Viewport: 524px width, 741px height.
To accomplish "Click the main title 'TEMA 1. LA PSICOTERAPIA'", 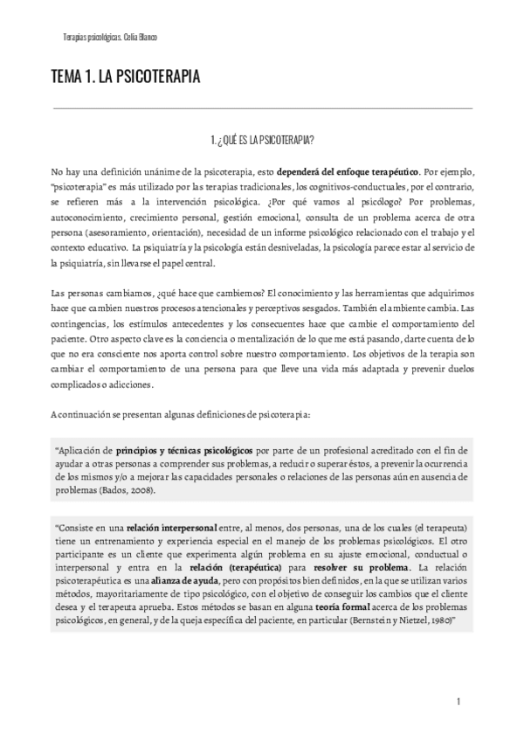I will coord(126,78).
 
